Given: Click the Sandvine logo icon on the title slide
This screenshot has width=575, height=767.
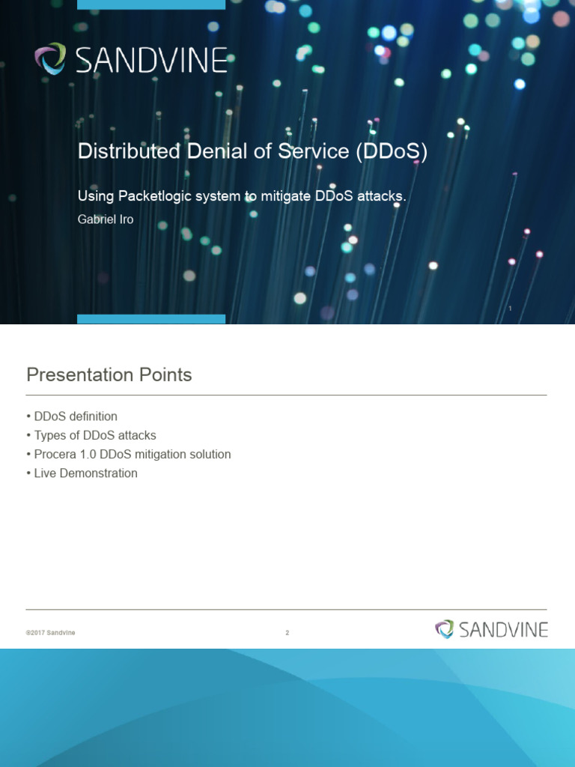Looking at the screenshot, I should coord(49,59).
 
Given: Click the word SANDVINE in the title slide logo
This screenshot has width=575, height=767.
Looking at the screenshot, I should coord(150,60).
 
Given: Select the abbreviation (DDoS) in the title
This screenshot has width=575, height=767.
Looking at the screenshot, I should coord(392,151).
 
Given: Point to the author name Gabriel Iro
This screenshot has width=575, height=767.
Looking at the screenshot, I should coord(106,219).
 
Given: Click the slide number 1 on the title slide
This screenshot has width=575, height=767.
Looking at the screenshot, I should coord(510,309).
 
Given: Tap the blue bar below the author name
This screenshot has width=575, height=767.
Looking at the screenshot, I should coord(151,319).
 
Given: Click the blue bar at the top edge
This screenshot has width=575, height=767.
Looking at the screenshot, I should coord(151,4).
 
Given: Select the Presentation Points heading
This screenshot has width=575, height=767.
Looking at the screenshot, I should coord(109,375).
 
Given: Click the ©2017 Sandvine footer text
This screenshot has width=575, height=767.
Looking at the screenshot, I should coord(50,633).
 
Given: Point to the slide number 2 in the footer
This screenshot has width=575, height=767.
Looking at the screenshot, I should coord(287,633).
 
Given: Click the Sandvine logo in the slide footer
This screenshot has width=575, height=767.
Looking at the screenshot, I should coord(491,629).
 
